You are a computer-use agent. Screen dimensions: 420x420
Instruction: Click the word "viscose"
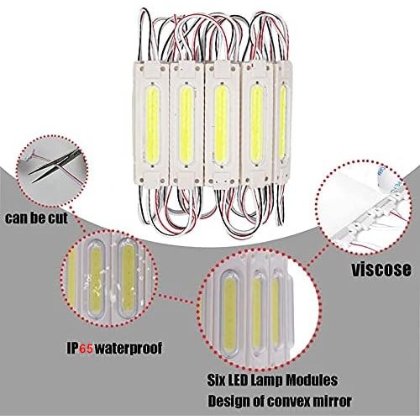381,269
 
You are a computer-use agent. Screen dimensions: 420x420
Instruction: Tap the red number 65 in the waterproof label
87,348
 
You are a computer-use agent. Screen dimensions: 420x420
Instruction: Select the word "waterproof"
128,349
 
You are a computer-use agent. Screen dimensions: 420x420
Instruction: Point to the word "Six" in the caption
217,381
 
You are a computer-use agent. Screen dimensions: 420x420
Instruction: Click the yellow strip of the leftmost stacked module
153,123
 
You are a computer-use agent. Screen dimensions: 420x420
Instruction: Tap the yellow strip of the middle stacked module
221,123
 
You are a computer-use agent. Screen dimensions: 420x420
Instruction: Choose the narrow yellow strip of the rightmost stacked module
282,122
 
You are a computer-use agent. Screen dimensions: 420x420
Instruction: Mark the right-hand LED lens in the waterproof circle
129,276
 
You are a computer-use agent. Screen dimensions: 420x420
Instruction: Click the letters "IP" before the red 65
73,348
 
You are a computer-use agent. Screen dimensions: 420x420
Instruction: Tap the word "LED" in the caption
238,381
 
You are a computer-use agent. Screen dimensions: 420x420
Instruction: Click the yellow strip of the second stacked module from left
186,123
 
